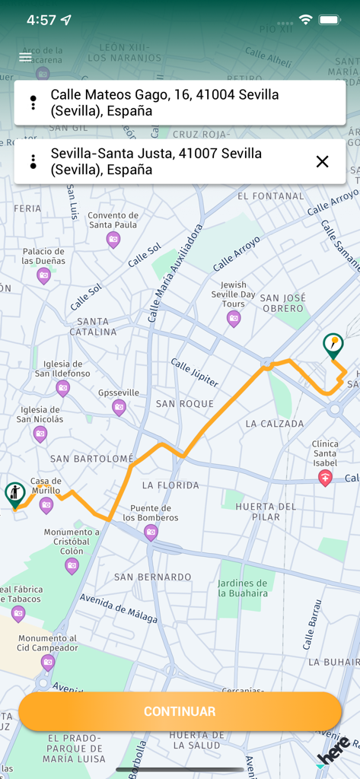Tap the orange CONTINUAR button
click(x=180, y=711)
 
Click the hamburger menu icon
click(x=26, y=57)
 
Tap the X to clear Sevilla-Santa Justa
click(x=322, y=161)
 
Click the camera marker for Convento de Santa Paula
click(x=113, y=240)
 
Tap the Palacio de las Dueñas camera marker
click(x=43, y=275)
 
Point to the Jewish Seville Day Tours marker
click(x=234, y=319)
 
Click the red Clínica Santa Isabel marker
click(x=325, y=478)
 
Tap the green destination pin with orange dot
click(x=333, y=345)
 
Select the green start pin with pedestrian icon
click(x=14, y=494)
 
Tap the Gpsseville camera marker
click(x=119, y=408)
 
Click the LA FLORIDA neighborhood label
click(x=170, y=485)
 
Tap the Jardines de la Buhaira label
click(x=243, y=588)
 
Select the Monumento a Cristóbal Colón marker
click(x=72, y=565)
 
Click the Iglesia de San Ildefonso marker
click(x=62, y=389)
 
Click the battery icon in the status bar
click(x=330, y=20)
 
